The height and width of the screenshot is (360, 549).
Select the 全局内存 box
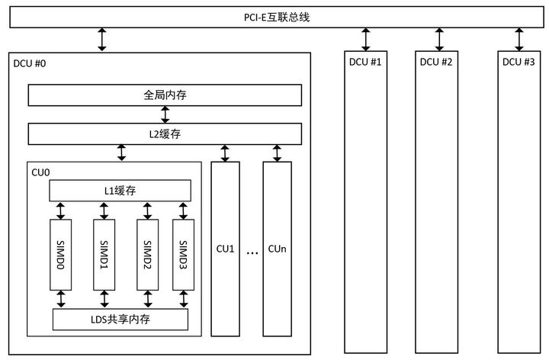pos(165,95)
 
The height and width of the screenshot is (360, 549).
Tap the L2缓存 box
pos(165,133)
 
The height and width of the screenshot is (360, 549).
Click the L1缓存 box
pos(120,190)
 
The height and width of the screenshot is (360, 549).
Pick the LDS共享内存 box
pos(120,319)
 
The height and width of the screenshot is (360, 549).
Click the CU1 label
pos(225,249)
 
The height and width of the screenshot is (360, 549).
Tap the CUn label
pos(277,249)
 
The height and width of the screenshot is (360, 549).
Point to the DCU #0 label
pos(30,63)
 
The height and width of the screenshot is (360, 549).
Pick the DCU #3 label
pos(518,62)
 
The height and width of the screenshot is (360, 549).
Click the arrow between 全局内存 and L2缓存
pos(165,114)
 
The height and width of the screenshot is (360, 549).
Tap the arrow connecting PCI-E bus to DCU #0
pos(102,39)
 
